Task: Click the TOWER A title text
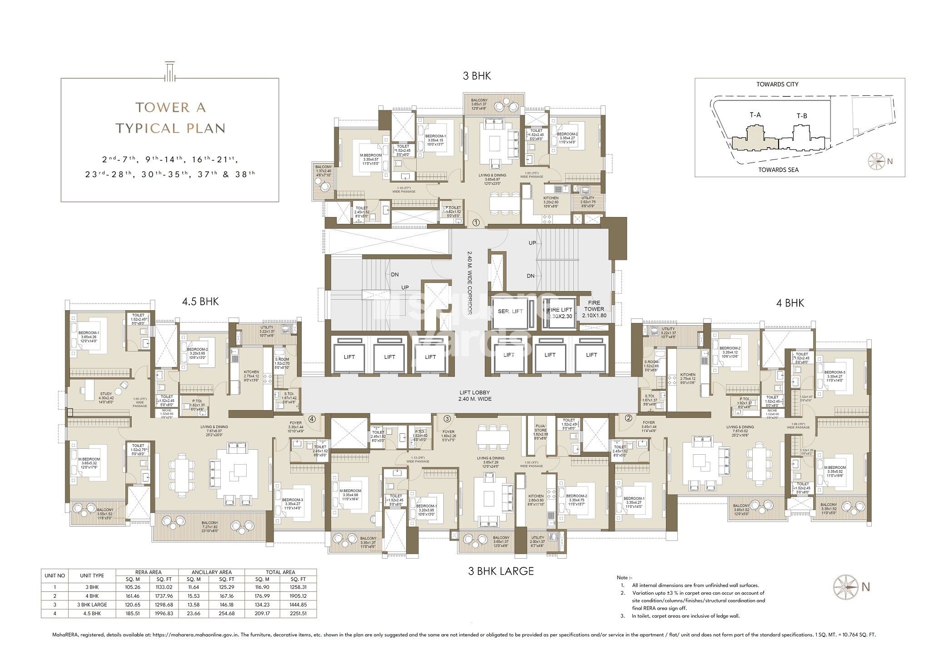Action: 170,108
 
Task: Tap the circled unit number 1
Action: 476,223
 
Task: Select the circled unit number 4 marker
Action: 312,419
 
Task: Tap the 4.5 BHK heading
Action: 200,302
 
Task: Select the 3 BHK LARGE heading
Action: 501,571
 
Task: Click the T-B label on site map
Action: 802,116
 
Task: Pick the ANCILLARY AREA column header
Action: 212,572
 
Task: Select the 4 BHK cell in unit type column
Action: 92,595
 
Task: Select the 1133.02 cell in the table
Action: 164,587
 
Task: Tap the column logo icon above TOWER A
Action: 170,71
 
